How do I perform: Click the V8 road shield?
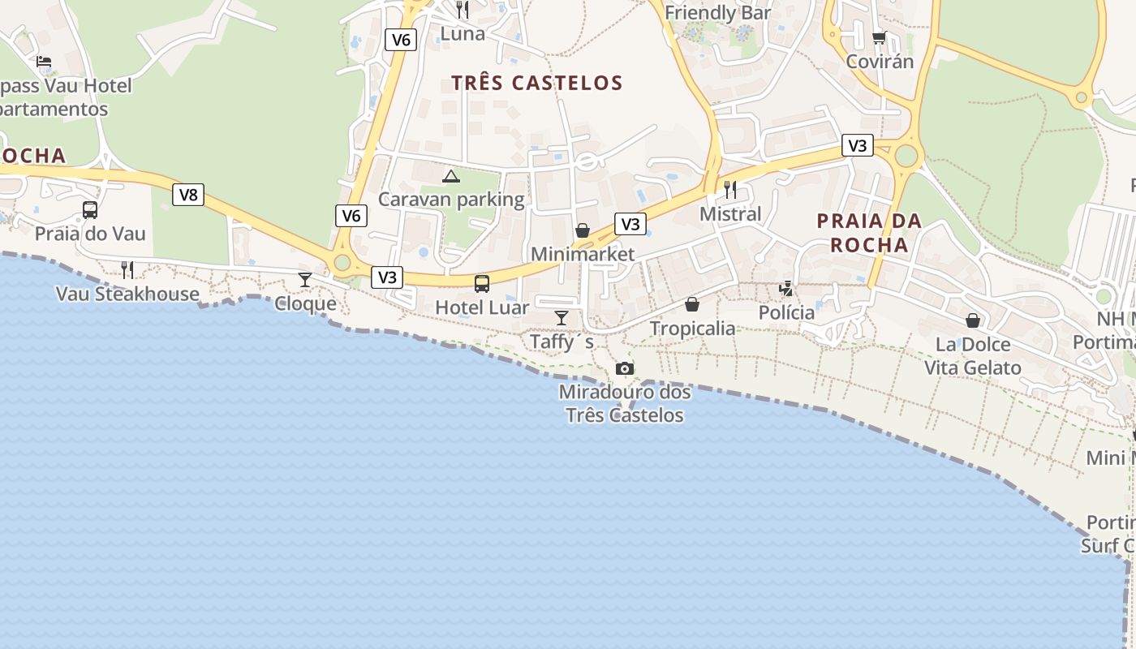click(x=187, y=195)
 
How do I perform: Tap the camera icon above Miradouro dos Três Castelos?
click(x=624, y=368)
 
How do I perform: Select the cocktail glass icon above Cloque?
click(x=305, y=280)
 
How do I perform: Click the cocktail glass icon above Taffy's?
click(x=561, y=317)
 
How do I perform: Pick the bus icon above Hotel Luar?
click(x=482, y=283)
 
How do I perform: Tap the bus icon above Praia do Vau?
click(x=90, y=210)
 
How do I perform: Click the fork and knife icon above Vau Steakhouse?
click(x=127, y=269)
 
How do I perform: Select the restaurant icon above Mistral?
click(x=730, y=190)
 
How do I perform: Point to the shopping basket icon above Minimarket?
click(x=583, y=230)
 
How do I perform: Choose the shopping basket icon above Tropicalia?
click(x=692, y=304)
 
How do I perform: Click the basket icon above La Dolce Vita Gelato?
click(x=973, y=320)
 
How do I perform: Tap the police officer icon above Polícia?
click(x=786, y=288)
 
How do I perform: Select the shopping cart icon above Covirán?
click(x=880, y=38)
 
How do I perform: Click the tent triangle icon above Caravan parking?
click(x=451, y=176)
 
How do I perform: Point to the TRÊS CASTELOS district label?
click(x=537, y=83)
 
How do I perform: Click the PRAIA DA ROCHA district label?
click(x=869, y=233)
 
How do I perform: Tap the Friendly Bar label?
click(x=718, y=13)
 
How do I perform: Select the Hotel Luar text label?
click(x=482, y=307)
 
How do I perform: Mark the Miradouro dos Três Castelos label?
click(x=625, y=404)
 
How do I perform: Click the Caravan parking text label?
click(x=452, y=199)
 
